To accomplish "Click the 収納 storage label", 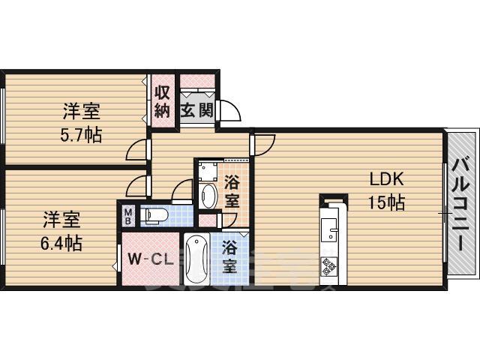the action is click(x=162, y=102).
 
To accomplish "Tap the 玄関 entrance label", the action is click(x=196, y=110).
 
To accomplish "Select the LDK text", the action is click(x=387, y=179).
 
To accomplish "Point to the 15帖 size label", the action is click(x=386, y=202).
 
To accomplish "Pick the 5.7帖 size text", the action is click(x=81, y=135).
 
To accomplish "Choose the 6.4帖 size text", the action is click(x=61, y=243).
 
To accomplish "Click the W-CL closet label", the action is click(x=151, y=260).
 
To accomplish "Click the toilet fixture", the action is click(x=155, y=215).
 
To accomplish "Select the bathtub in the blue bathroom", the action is click(x=197, y=259).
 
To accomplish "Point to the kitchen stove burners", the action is click(x=328, y=265).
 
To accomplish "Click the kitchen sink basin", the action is click(x=328, y=229).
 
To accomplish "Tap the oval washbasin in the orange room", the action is click(x=208, y=196).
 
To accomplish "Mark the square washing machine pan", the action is click(x=208, y=172).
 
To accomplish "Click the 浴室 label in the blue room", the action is click(x=229, y=257).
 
